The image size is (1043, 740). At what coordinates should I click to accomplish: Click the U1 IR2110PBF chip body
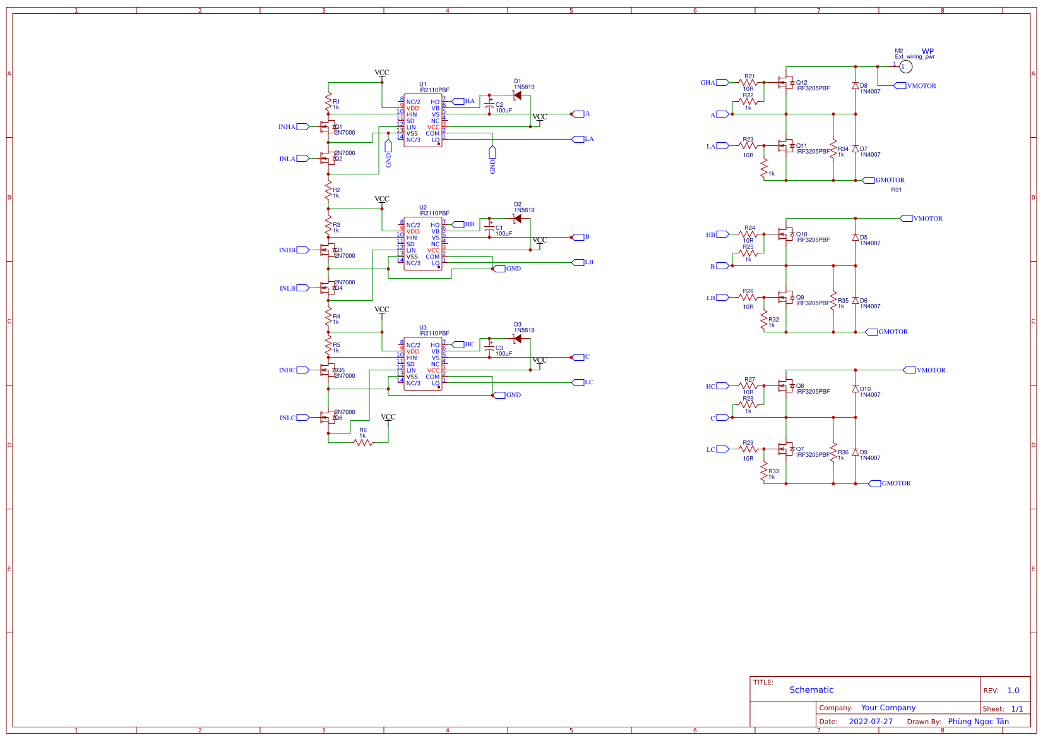point(423,121)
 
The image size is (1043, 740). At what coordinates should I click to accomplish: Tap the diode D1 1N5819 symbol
point(517,95)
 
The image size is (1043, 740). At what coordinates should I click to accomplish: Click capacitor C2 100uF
point(489,107)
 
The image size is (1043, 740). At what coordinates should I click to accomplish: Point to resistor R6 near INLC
point(363,442)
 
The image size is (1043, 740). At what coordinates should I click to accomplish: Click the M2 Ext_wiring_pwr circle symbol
point(905,66)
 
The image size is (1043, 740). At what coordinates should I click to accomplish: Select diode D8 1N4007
point(855,85)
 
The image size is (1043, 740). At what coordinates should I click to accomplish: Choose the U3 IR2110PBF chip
point(423,364)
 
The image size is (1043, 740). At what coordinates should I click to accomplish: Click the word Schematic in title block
point(811,690)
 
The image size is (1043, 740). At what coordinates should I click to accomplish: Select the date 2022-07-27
point(870,722)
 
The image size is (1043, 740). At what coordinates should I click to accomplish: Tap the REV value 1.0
point(1013,691)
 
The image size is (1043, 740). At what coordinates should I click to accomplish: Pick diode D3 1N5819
point(517,339)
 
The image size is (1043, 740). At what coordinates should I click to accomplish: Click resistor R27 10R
point(748,385)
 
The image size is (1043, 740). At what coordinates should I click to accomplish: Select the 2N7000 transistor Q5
point(327,370)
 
